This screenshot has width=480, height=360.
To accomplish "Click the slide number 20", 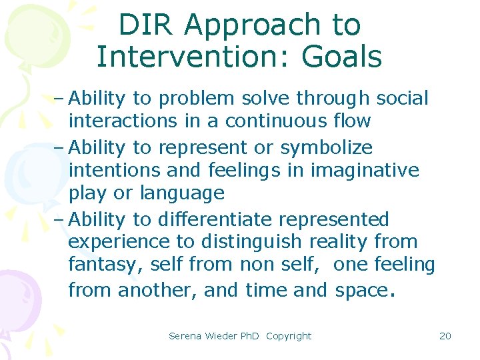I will coord(445,336).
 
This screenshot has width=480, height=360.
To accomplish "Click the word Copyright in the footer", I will coord(288,336).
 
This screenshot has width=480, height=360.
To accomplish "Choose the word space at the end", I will coord(362,291).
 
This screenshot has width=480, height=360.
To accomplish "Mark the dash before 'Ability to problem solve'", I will coord(58,99).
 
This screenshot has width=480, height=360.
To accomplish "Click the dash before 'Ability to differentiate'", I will coord(58,219).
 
